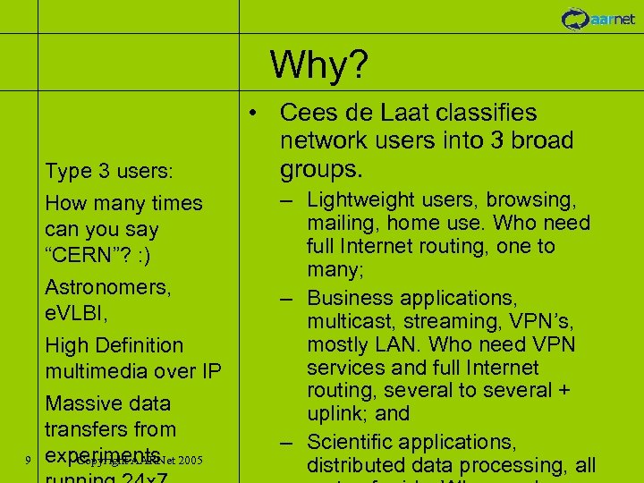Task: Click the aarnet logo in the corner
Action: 598,18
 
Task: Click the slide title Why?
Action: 319,64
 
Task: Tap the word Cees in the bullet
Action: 308,114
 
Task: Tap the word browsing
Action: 535,199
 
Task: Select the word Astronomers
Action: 108,287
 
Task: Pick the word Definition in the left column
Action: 137,345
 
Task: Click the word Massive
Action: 82,402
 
